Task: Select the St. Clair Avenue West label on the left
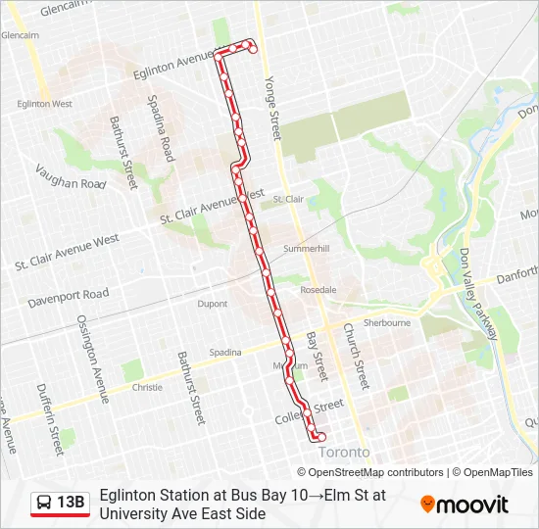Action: [x=67, y=252]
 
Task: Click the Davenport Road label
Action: [x=69, y=294]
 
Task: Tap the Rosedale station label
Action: [x=318, y=290]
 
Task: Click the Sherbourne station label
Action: [x=386, y=322]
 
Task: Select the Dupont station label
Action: [x=213, y=304]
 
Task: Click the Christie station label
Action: [x=147, y=387]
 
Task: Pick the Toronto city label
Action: [x=345, y=452]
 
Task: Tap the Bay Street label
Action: [x=316, y=356]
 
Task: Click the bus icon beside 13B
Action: [x=45, y=503]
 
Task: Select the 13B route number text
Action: [x=72, y=503]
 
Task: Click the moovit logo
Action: [x=465, y=505]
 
